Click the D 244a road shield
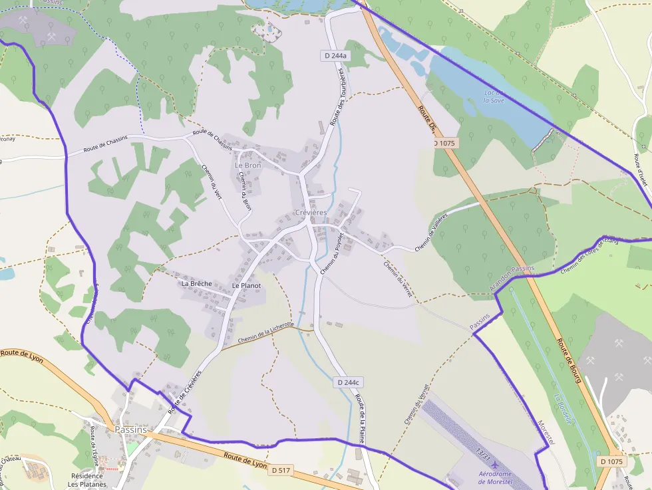pos(336,56)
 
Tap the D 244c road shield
pos(348,382)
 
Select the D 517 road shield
pos(281,470)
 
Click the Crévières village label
pos(311,212)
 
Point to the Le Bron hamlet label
pos(248,165)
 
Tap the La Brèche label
pos(196,284)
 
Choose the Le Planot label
pos(246,285)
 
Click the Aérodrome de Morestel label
pos(496,477)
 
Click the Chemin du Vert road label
pos(212,182)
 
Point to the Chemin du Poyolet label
pos(331,254)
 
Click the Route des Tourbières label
pos(338,93)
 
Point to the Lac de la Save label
pos(494,96)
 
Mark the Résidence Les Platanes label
pos(87,480)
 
